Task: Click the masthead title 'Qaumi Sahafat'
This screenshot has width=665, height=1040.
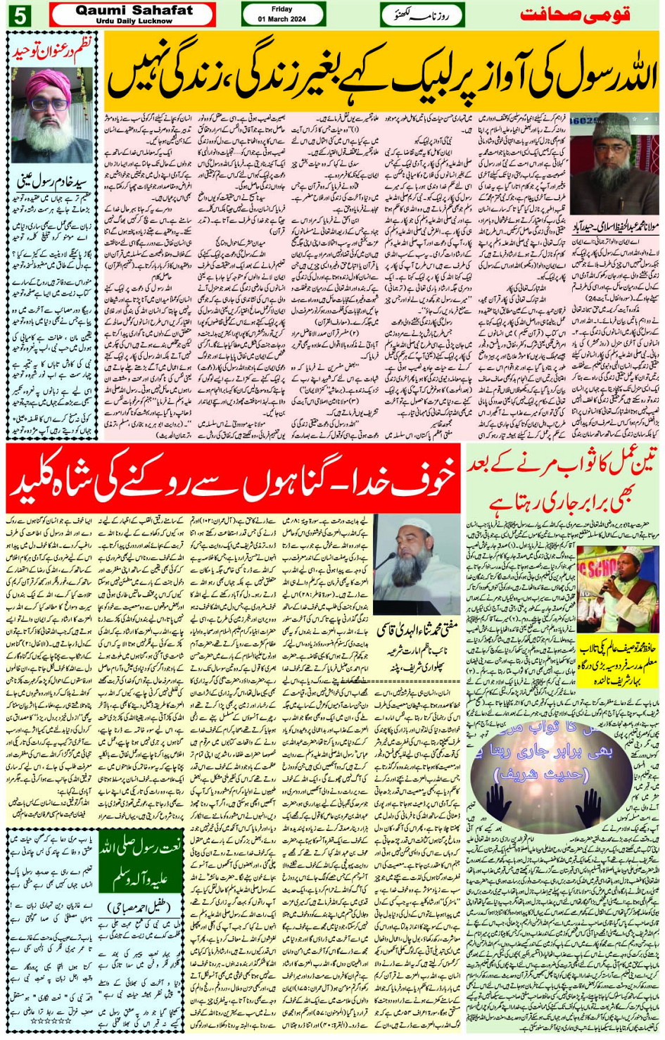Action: point(134,10)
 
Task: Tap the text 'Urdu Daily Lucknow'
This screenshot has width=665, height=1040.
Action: point(134,21)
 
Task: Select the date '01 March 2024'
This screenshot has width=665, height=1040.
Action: point(281,19)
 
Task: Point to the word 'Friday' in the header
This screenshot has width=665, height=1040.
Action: point(281,9)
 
